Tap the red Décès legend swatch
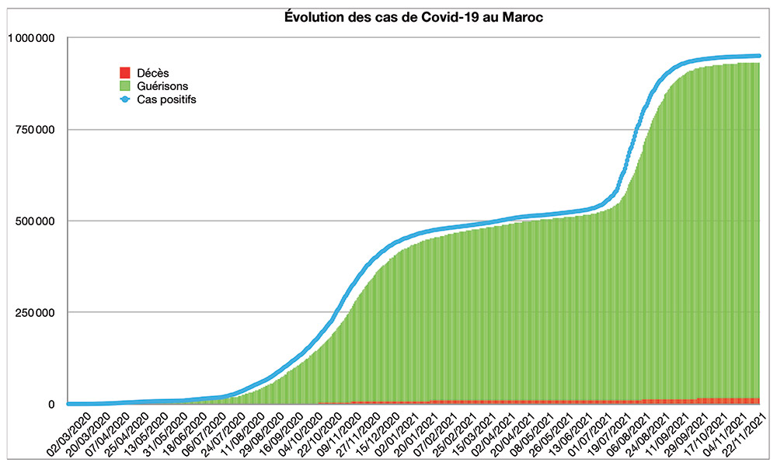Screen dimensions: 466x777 [x=123, y=73]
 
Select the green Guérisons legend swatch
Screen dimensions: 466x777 [x=123, y=86]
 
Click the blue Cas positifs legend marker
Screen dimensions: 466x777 [x=123, y=99]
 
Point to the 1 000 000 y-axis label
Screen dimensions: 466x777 [x=32, y=37]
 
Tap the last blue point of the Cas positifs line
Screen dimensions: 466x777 [x=758, y=56]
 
